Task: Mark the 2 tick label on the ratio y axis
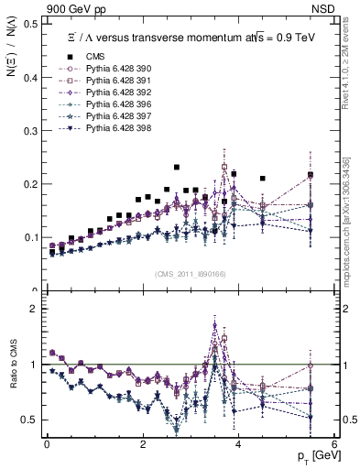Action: pyautogui.click(x=35, y=309)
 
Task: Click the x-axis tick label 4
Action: pyautogui.click(x=238, y=444)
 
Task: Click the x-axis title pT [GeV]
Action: pyautogui.click(x=313, y=456)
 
